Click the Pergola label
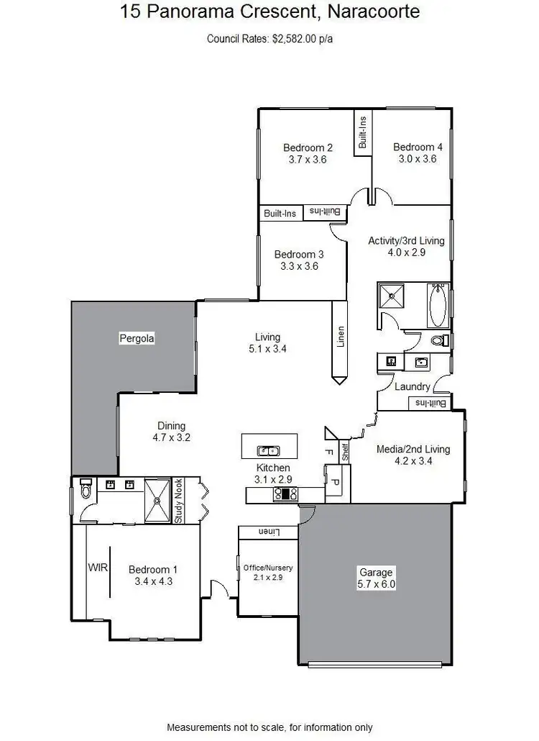137,337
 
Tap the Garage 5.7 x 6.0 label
376,578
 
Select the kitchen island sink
269,451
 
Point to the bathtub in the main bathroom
438,305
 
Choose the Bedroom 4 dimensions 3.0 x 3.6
418,160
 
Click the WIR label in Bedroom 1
98,568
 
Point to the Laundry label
412,387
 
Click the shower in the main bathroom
392,296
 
